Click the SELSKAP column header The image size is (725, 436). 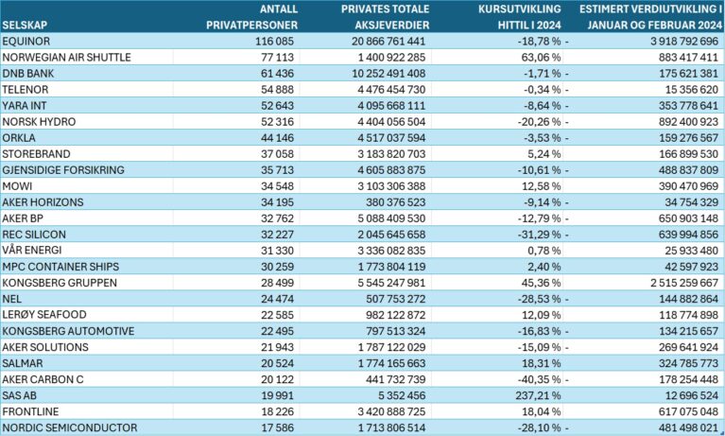coord(24,25)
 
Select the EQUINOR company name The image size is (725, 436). coord(26,42)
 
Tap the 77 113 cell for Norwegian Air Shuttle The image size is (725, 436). coord(277,58)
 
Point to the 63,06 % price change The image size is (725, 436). coord(541,58)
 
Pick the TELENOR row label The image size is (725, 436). coord(25,89)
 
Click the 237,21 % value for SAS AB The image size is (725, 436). coord(538,395)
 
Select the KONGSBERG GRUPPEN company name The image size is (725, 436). coord(60,283)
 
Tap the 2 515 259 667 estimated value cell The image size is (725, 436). coord(684,283)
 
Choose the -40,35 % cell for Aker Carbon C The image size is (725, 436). coord(539,379)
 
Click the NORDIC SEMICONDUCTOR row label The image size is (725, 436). coord(69,427)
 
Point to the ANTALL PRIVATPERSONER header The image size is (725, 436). coord(252,17)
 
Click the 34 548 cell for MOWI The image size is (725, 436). coord(277,186)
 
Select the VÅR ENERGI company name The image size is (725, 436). coord(31,250)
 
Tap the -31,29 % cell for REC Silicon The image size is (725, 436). coord(539,235)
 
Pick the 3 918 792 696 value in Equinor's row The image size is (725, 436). coord(684,42)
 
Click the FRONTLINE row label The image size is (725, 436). coord(30,411)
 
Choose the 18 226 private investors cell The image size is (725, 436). coord(277,411)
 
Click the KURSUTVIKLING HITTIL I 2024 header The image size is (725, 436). coord(520,17)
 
